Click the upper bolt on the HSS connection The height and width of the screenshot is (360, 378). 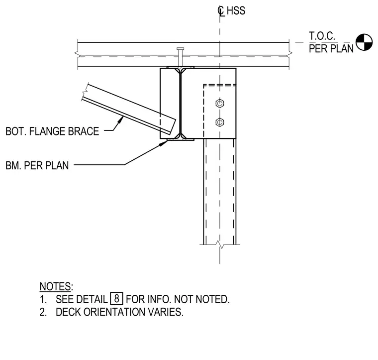pyautogui.click(x=220, y=104)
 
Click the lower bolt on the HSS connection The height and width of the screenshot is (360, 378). pyautogui.click(x=220, y=122)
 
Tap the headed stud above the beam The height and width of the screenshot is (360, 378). pyautogui.click(x=181, y=57)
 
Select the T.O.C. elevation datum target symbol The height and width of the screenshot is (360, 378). pyautogui.click(x=364, y=42)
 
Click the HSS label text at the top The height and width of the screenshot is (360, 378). pyautogui.click(x=236, y=11)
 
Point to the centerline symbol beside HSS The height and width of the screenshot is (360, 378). pyautogui.click(x=221, y=11)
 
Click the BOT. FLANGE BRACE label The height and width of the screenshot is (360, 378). pyautogui.click(x=52, y=131)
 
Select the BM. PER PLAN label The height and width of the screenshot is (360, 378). pyautogui.click(x=37, y=165)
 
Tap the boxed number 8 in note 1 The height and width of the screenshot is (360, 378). pyautogui.click(x=117, y=298)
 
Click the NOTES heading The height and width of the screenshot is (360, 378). pyautogui.click(x=56, y=286)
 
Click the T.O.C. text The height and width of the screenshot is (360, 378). pyautogui.click(x=322, y=36)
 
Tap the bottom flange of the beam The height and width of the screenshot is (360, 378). pyautogui.click(x=181, y=139)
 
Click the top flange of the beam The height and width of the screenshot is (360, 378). pyautogui.click(x=181, y=67)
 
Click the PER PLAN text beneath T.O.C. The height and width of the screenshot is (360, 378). pyautogui.click(x=331, y=49)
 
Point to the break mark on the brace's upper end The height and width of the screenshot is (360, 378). pyautogui.click(x=85, y=92)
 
